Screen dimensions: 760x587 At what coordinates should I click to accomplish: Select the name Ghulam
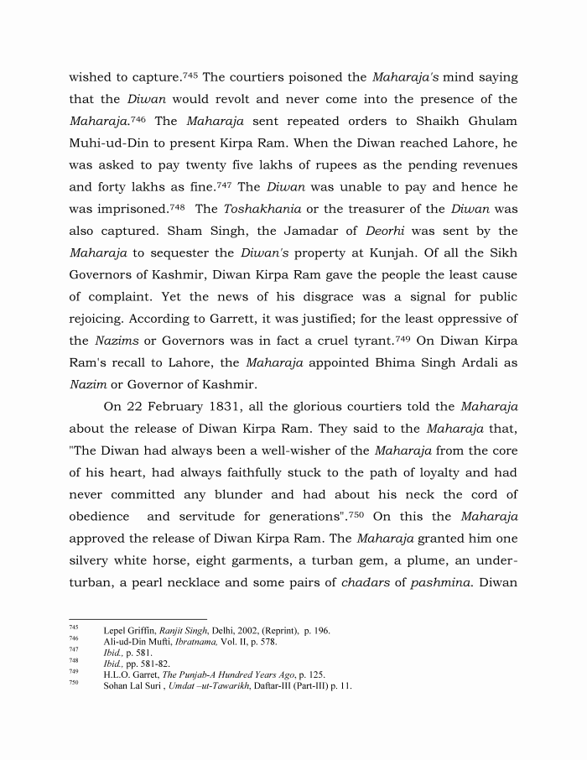[487, 121]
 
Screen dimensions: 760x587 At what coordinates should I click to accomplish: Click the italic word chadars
[370, 582]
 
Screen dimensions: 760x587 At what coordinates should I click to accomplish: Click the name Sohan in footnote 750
[117, 685]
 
